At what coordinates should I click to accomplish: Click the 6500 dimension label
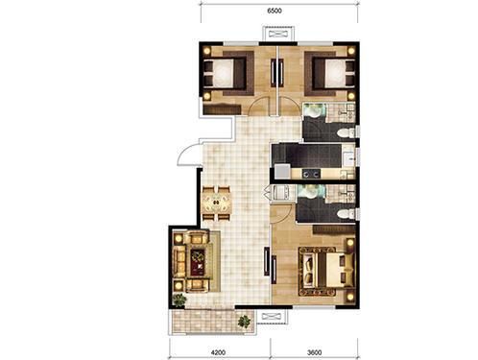[x=275, y=11]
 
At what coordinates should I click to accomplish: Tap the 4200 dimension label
[x=218, y=352]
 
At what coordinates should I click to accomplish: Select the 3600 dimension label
[x=314, y=352]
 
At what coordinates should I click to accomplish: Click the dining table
[x=216, y=203]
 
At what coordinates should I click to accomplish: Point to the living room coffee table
[x=198, y=262]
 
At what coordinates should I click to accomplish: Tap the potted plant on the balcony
[x=244, y=322]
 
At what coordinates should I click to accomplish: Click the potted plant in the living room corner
[x=179, y=300]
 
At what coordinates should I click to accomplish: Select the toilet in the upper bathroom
[x=347, y=132]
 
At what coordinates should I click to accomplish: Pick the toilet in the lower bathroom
[x=347, y=214]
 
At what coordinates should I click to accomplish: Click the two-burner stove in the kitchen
[x=311, y=174]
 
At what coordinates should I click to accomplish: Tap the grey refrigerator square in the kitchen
[x=282, y=171]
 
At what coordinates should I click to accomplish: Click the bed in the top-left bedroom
[x=225, y=73]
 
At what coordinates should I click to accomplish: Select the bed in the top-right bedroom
[x=334, y=74]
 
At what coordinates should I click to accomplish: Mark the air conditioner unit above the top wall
[x=278, y=34]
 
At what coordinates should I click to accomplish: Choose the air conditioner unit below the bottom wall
[x=272, y=317]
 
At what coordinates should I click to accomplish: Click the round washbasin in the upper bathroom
[x=312, y=111]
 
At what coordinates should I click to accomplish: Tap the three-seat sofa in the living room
[x=179, y=261]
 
